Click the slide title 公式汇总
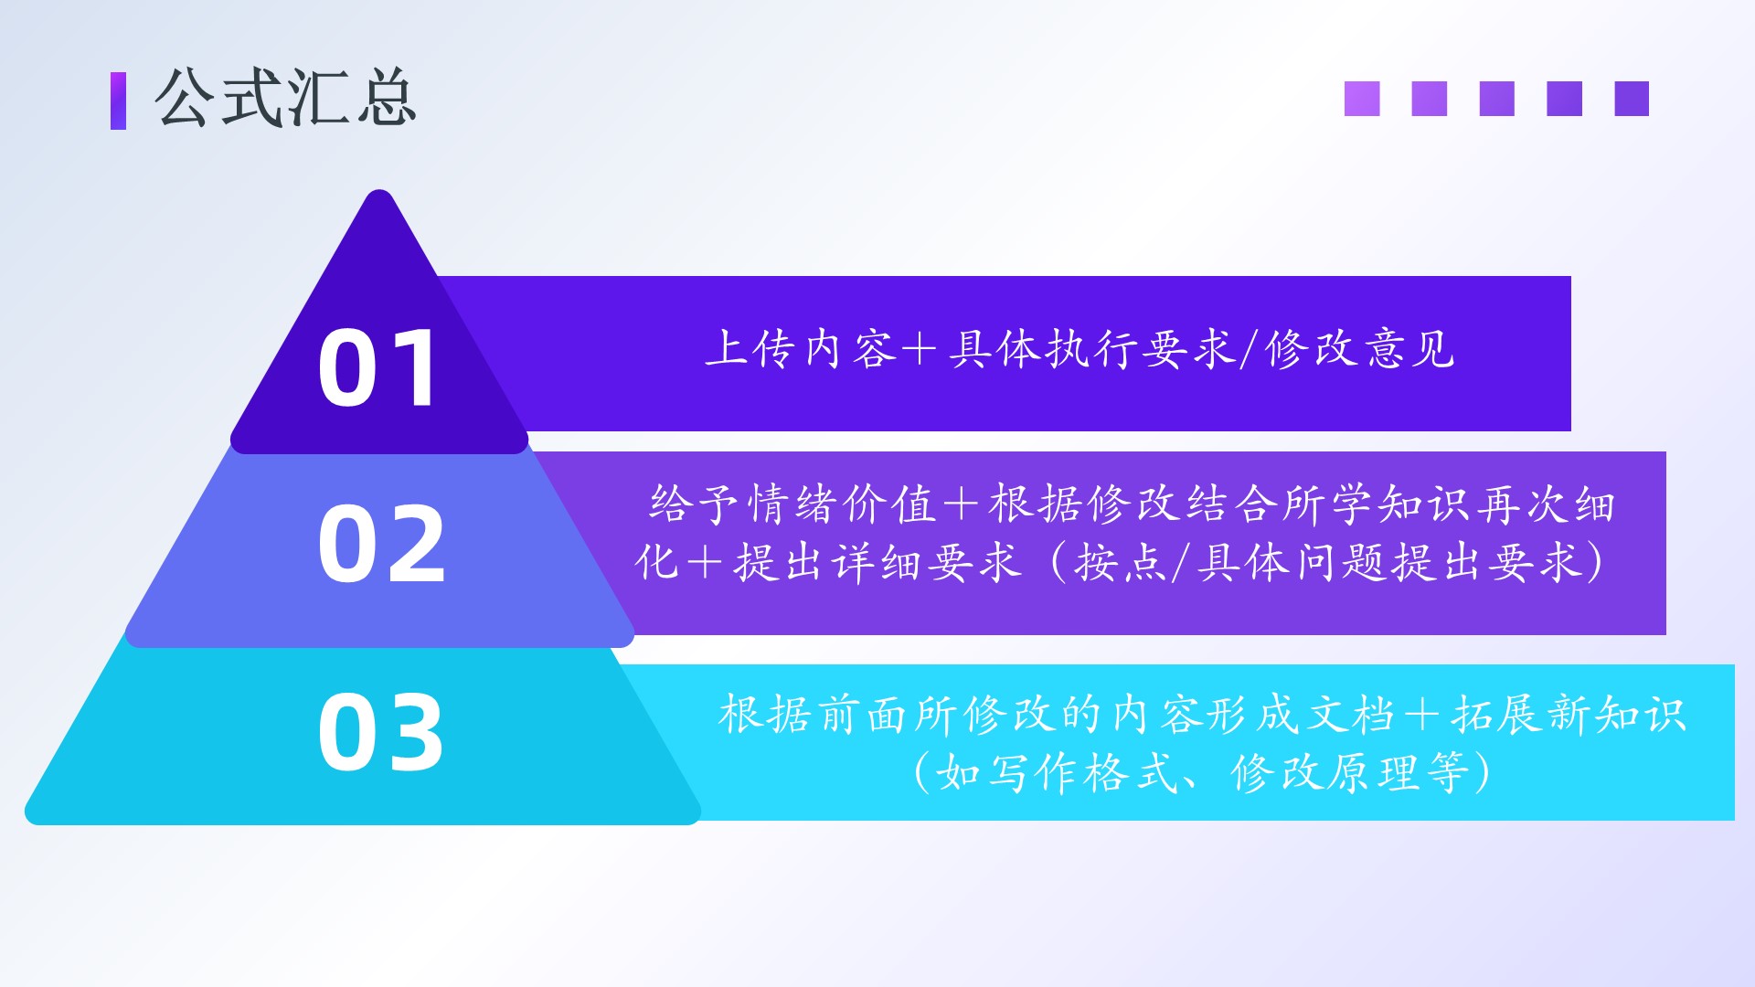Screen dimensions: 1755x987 click(x=286, y=97)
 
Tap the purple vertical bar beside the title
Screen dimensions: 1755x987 click(x=118, y=101)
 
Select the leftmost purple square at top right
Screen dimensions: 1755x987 click(x=1362, y=99)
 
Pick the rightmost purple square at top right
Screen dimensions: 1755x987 click(x=1632, y=99)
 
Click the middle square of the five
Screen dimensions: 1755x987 click(x=1497, y=99)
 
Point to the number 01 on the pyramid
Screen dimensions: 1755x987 click(x=378, y=368)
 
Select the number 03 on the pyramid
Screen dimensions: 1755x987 click(x=381, y=732)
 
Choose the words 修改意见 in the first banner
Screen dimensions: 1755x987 click(x=1360, y=348)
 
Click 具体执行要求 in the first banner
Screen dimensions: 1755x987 click(x=1091, y=348)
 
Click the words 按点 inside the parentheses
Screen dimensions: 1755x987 click(x=1121, y=562)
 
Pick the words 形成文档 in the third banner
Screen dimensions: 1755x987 click(x=1301, y=714)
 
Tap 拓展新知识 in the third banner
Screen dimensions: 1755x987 click(x=1569, y=714)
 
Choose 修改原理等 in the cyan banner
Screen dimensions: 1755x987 click(x=1349, y=772)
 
